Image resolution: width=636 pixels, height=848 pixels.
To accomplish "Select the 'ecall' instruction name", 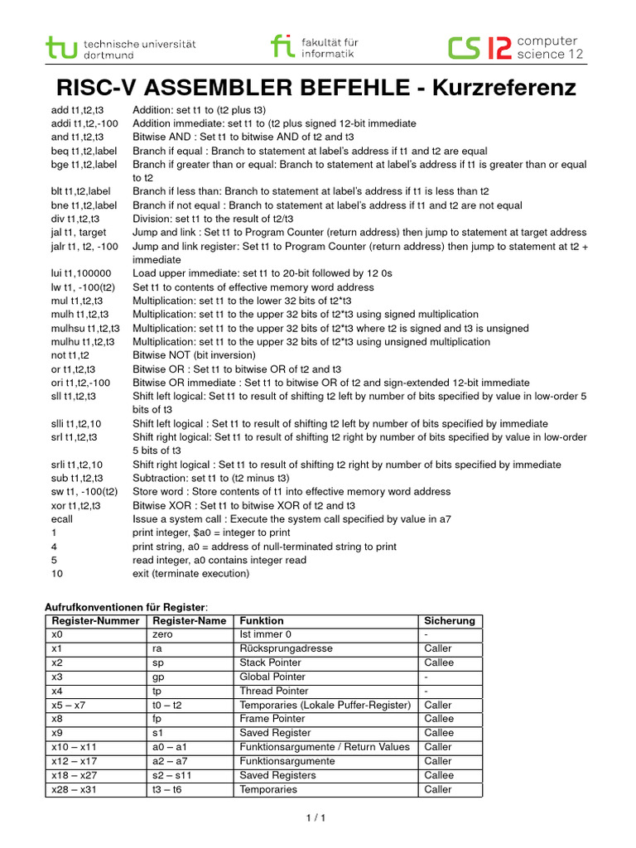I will click(63, 519).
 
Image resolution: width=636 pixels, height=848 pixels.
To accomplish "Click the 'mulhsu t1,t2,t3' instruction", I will click(84, 328).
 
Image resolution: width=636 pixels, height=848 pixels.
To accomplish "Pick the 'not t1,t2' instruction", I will click(70, 355).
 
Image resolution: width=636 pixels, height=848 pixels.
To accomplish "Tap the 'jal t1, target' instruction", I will click(79, 233).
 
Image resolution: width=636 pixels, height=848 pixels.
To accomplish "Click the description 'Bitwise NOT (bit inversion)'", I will click(196, 355).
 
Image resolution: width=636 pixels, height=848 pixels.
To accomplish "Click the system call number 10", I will click(56, 574).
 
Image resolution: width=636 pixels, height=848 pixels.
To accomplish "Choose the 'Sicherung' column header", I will click(450, 620).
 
